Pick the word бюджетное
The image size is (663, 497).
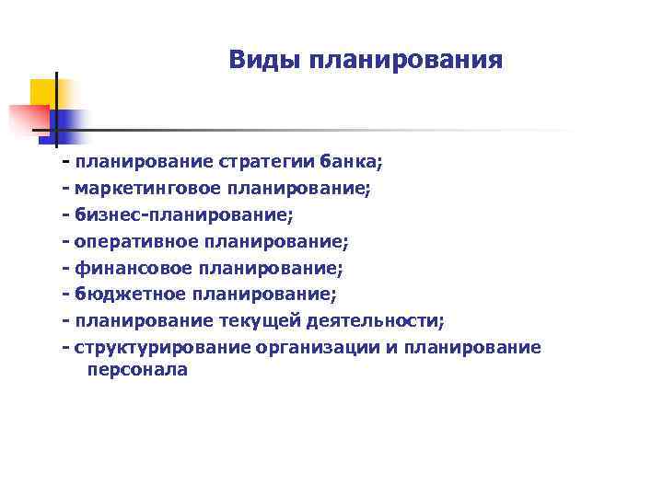(x=130, y=295)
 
